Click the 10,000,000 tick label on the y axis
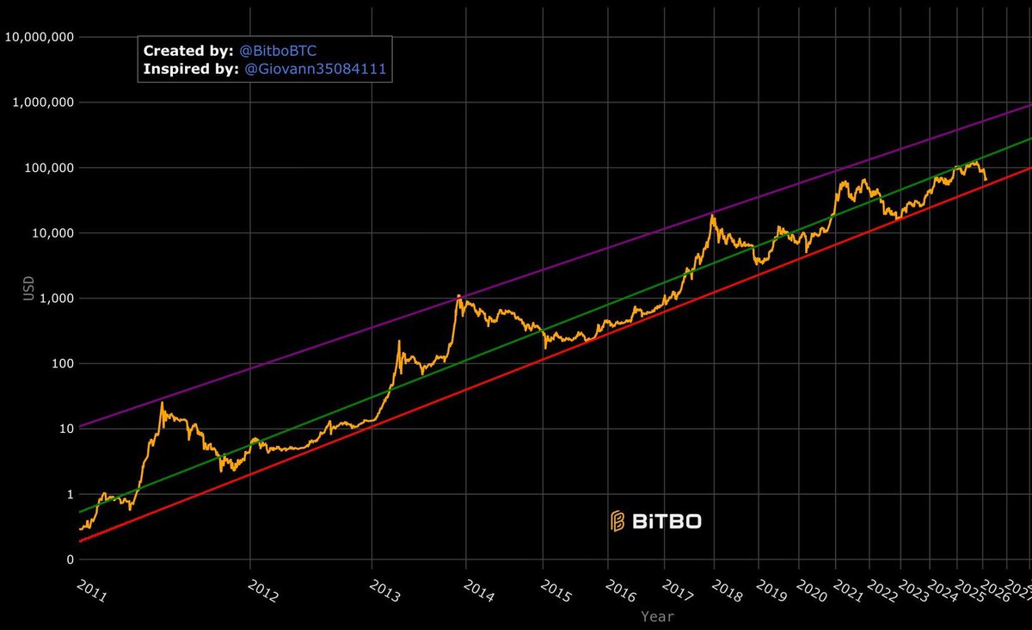tap(40, 37)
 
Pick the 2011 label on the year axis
tap(92, 591)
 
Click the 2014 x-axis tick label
tap(478, 591)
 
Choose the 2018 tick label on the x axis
tap(727, 591)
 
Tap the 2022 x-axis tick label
tap(881, 591)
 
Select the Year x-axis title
tap(657, 616)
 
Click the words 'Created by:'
tap(187, 51)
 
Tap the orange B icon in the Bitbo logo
tap(617, 520)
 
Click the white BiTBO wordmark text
tap(666, 521)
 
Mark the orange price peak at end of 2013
tap(459, 295)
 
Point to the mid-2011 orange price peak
tap(162, 403)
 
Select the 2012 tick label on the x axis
tap(262, 591)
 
